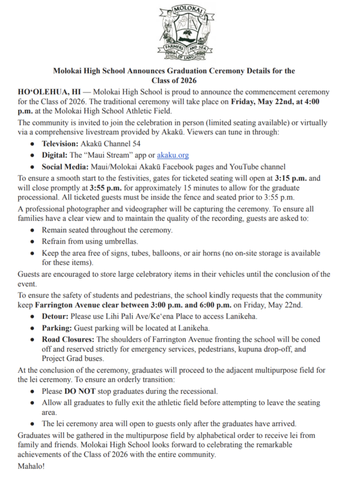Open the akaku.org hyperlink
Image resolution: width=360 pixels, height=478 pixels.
click(x=172, y=155)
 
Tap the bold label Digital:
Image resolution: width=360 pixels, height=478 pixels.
click(x=56, y=155)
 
